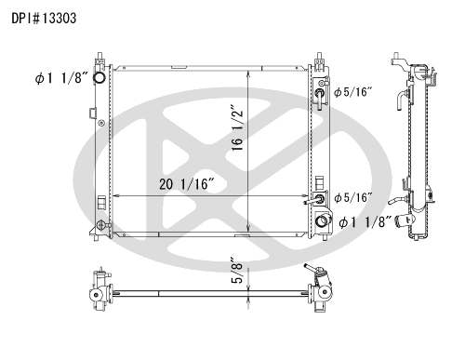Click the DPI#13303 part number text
tap(44, 19)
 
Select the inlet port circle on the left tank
tap(100, 77)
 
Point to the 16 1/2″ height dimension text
tap(237, 130)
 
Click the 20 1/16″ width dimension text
tap(187, 184)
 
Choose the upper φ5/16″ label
tap(352, 92)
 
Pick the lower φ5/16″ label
tap(352, 197)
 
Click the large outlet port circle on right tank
tap(321, 221)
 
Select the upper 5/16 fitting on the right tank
tap(320, 93)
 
